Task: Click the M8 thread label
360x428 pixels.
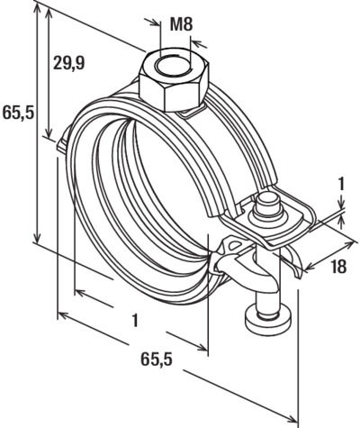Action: pos(181,24)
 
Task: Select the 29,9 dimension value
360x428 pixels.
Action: pos(68,63)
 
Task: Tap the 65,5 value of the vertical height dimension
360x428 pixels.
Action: pos(18,113)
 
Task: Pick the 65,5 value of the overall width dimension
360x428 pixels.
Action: pos(157,360)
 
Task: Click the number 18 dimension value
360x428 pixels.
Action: pos(339,267)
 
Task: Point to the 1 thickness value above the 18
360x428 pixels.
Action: pos(341,186)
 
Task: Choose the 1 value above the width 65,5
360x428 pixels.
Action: pos(136,320)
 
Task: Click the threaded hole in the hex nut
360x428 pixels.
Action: pos(172,67)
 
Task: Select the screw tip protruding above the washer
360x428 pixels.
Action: pos(266,202)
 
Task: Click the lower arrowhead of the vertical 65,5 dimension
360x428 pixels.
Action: pos(37,238)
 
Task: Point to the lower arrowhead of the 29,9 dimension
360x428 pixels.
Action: pos(49,132)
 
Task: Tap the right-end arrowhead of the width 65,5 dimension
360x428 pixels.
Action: pos(292,418)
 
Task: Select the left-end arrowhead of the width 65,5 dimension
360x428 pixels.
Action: pos(62,315)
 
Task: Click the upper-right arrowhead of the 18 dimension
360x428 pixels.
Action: pos(349,245)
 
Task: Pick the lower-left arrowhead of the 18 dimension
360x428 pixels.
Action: pos(309,267)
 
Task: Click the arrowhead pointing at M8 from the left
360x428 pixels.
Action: pos(156,23)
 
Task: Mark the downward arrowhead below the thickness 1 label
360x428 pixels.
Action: pos(341,205)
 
